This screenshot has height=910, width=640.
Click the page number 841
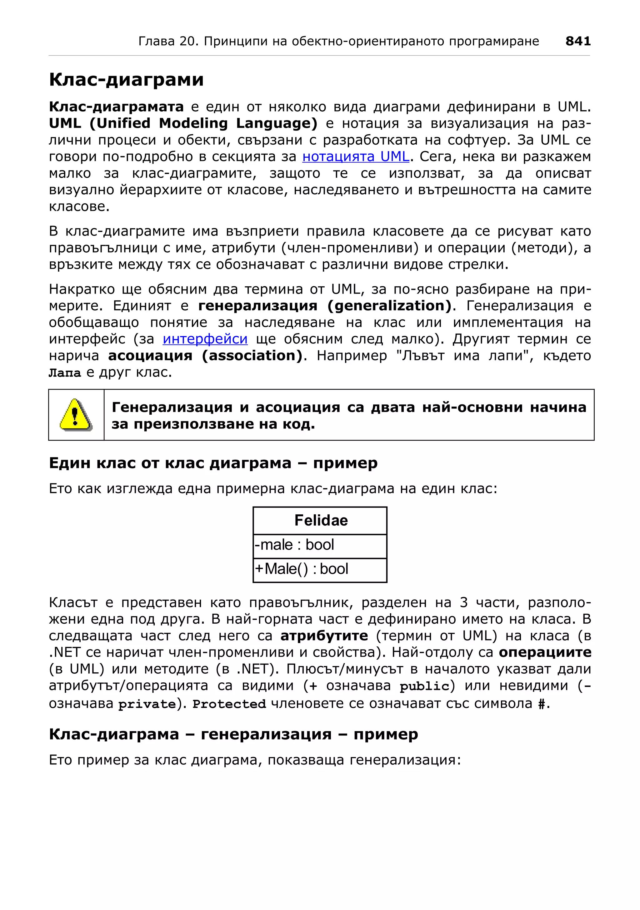pos(578,41)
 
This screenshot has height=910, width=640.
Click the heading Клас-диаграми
pos(126,79)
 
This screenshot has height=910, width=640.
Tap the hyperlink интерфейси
pos(205,339)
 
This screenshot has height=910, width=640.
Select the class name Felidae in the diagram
pos(321,520)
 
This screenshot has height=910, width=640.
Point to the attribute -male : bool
pos(294,545)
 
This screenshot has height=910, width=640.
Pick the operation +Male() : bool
pos(301,569)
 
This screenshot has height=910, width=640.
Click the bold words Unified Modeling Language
pos(203,123)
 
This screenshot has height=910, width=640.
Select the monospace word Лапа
pos(65,373)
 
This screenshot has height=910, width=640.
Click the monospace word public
pos(424,686)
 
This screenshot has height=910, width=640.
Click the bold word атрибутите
pos(324,636)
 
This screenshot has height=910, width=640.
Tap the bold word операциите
pos(545,652)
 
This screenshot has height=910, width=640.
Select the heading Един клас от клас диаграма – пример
pos(213,463)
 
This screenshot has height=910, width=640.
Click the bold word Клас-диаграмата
pos(116,106)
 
